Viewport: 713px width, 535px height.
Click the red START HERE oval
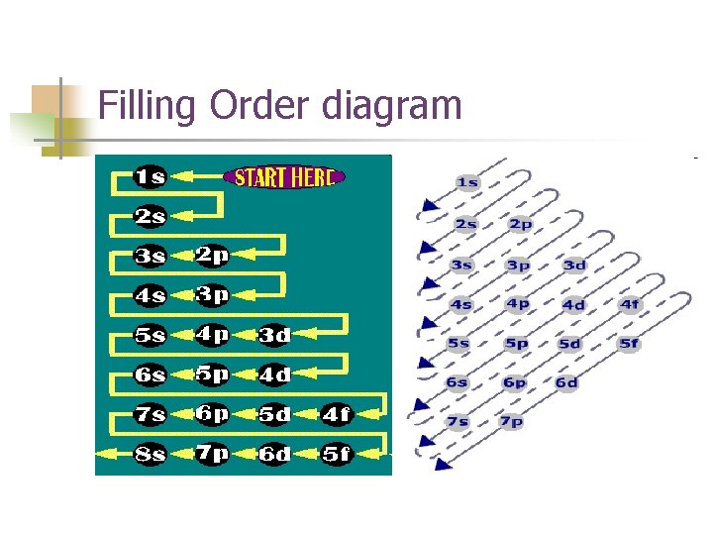[x=285, y=177]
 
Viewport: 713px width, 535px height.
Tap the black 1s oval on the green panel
[x=150, y=177]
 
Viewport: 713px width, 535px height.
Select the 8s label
[x=150, y=454]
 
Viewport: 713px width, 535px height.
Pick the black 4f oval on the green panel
[x=336, y=415]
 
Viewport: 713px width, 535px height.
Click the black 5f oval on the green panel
[x=336, y=454]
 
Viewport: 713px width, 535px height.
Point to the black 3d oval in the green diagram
[x=274, y=335]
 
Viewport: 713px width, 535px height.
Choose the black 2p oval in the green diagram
[x=211, y=256]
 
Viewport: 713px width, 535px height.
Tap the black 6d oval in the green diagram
[x=274, y=454]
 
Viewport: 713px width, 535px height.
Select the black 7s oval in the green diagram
[x=150, y=415]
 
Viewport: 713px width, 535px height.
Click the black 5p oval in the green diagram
[x=211, y=374]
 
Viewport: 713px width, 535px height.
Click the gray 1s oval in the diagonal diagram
[x=467, y=182]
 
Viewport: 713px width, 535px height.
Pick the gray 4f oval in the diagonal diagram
[x=630, y=304]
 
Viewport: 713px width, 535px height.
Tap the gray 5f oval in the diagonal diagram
[x=630, y=344]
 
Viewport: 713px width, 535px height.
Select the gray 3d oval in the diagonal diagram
[x=573, y=265]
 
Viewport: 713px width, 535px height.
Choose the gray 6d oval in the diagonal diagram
[x=566, y=382]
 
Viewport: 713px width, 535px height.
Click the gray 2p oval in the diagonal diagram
[x=520, y=224]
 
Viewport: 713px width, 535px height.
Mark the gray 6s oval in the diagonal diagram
[x=457, y=382]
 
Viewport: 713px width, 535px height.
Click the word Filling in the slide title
[x=148, y=105]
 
